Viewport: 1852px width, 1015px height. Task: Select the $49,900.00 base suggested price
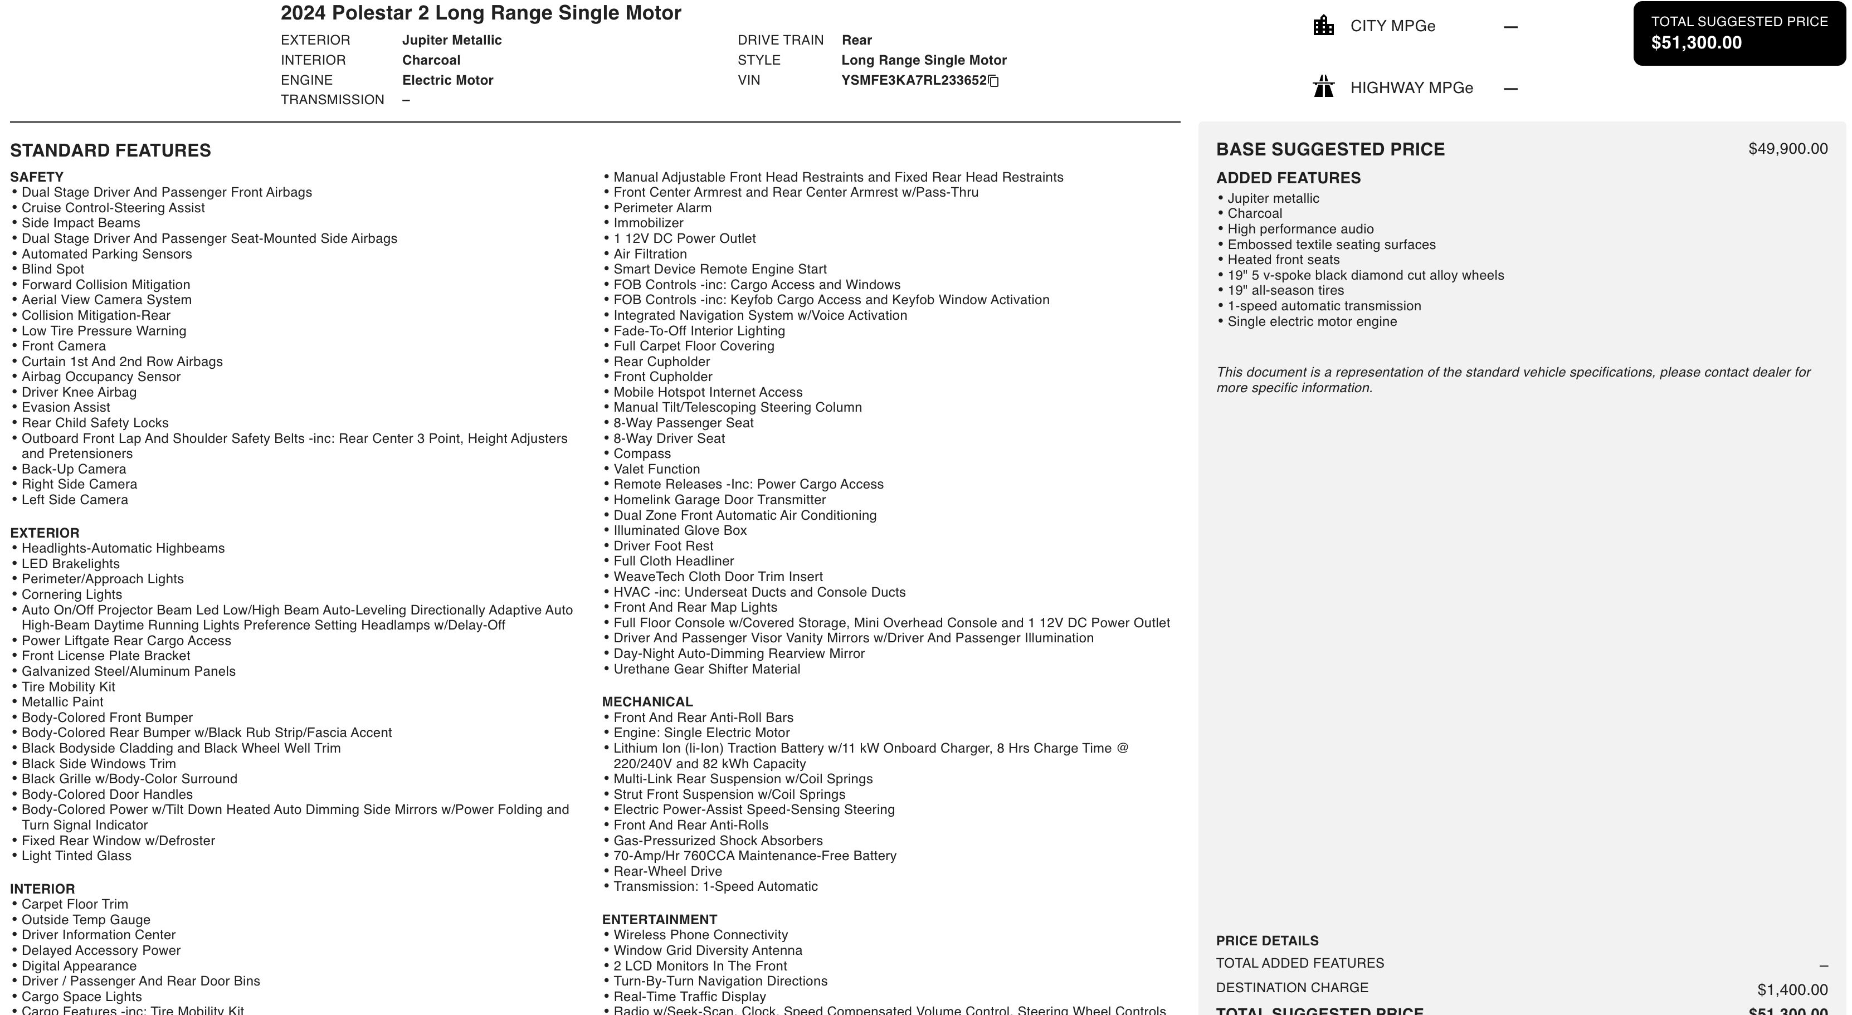click(1787, 149)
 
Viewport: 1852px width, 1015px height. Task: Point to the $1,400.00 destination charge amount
click(1792, 990)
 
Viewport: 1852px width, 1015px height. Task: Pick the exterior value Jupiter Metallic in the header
click(451, 40)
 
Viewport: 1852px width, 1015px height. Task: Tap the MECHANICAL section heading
click(647, 701)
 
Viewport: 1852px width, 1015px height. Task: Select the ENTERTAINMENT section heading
click(659, 919)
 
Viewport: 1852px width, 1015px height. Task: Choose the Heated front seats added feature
click(1283, 260)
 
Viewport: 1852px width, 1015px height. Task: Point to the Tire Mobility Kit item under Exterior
click(69, 686)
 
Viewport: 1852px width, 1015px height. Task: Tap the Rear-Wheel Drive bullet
click(667, 871)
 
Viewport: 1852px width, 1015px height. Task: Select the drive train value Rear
click(856, 40)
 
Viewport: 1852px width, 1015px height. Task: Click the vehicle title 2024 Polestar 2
click(480, 13)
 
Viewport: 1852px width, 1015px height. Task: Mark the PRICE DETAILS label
click(1267, 941)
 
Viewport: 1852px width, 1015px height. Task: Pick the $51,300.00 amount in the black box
click(1696, 43)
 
